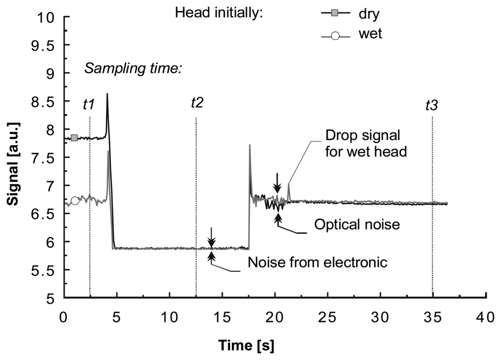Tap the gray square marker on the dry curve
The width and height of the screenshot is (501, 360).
coord(74,138)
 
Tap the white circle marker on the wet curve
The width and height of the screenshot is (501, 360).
coord(75,201)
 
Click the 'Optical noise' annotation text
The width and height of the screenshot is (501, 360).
coord(358,225)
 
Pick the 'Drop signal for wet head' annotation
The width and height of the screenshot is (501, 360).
coord(366,143)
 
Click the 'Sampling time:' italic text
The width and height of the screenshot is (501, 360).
coord(133,68)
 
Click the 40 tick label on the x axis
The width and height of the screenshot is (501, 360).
coord(485,316)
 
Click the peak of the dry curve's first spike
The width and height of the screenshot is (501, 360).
coord(107,94)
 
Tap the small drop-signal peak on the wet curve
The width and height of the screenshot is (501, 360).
coord(289,184)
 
